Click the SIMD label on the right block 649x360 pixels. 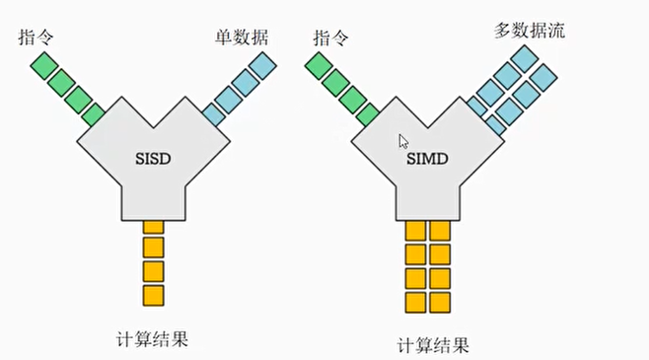[426, 158]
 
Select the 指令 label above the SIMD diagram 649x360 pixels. [329, 37]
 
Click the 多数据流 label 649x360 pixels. [530, 30]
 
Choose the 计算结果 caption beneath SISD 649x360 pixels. [151, 340]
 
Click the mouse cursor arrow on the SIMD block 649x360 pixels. [403, 141]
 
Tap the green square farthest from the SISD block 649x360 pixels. [43, 66]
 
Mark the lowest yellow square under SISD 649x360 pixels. [153, 294]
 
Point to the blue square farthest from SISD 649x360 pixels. [262, 65]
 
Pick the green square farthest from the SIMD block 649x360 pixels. [320, 66]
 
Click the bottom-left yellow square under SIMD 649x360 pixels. [416, 301]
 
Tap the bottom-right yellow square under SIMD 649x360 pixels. [440, 301]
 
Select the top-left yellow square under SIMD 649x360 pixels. [416, 231]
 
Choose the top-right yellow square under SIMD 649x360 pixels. [440, 231]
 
